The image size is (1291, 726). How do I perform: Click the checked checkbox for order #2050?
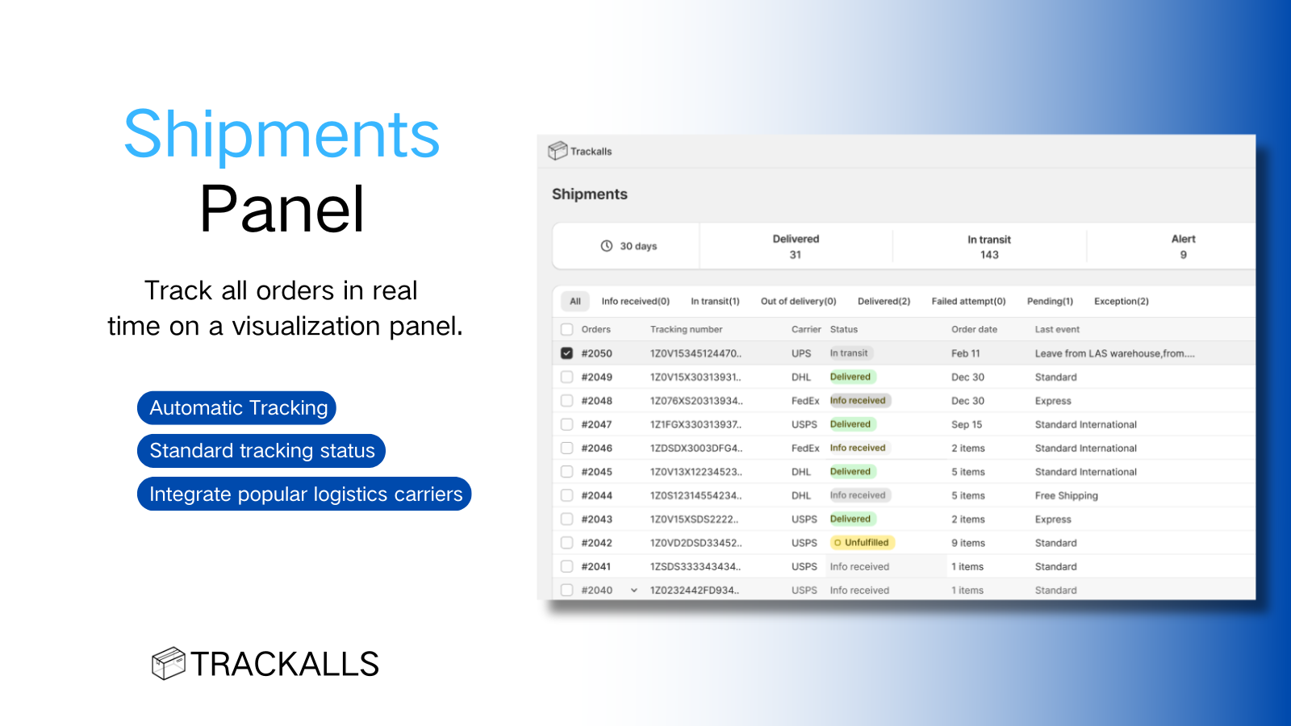coord(566,353)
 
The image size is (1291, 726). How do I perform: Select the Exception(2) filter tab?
coord(1121,302)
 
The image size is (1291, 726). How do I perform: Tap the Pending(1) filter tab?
coord(1050,302)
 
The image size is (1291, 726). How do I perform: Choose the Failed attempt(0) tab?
coord(968,302)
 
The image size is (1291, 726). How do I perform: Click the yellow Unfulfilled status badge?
coord(862,543)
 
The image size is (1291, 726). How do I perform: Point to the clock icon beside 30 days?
coord(606,246)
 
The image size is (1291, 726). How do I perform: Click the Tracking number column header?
coord(686,330)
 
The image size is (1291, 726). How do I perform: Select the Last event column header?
coord(1057,330)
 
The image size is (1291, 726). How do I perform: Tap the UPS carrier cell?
coord(801,353)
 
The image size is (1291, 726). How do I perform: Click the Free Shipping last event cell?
coord(1066,495)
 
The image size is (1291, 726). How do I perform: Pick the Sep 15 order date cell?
coord(967,424)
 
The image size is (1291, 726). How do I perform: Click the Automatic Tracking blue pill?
coord(237,408)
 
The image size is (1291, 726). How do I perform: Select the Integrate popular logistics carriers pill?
coord(304,494)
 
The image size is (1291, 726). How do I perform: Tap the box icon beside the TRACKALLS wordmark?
coord(169,663)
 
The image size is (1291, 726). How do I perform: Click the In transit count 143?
coord(989,255)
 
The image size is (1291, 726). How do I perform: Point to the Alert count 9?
coord(1183,255)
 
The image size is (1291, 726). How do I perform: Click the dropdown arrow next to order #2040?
coord(633,590)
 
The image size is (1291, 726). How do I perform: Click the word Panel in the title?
coord(282,209)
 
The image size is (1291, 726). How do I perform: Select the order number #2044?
coord(596,495)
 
